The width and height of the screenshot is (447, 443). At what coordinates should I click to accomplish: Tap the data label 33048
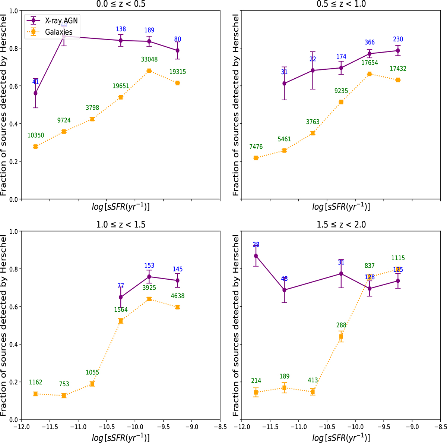click(x=149, y=59)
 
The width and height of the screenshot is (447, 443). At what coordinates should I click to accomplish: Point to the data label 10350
click(x=35, y=135)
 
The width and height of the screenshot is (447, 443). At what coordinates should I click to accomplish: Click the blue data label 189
click(x=149, y=30)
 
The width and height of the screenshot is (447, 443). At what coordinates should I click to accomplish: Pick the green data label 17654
click(x=370, y=63)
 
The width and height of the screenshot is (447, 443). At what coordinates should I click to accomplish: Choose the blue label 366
click(x=370, y=43)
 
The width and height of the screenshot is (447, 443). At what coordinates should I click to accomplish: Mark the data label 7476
click(x=256, y=147)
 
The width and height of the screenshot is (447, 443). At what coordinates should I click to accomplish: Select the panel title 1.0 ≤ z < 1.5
click(x=120, y=224)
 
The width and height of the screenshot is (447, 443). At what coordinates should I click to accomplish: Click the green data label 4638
click(x=178, y=296)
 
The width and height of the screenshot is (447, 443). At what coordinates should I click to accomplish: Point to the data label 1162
click(x=35, y=382)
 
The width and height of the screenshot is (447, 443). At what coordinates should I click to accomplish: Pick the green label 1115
click(x=398, y=258)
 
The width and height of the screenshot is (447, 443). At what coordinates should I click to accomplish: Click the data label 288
click(x=341, y=325)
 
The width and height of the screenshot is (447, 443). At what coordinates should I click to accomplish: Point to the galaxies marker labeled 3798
click(x=92, y=119)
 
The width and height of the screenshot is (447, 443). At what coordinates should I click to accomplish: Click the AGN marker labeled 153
click(x=149, y=277)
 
